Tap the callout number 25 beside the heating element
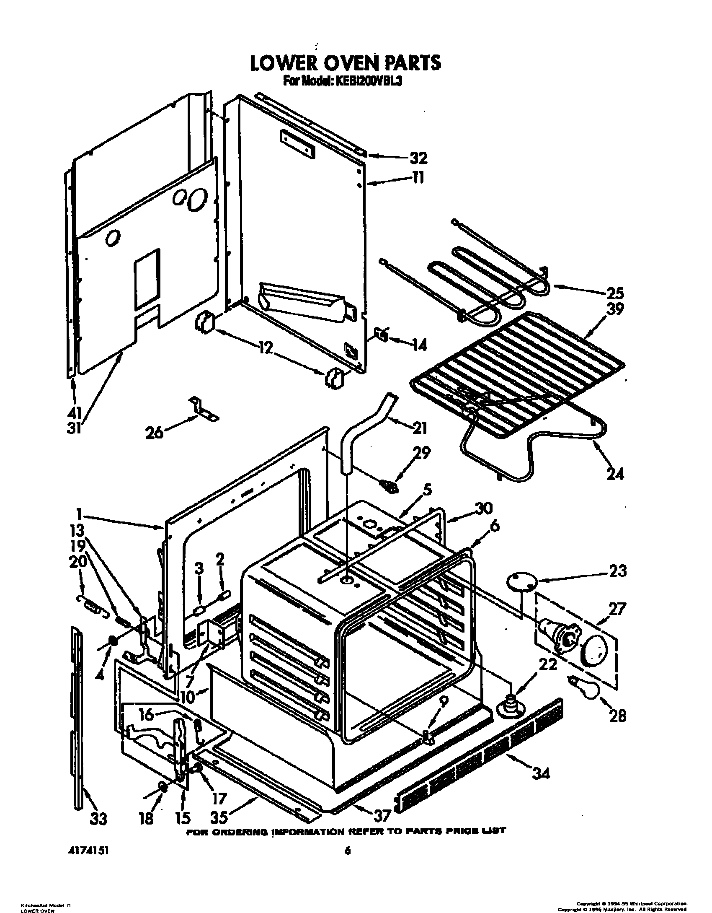[615, 293]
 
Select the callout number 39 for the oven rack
[615, 309]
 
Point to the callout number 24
[614, 474]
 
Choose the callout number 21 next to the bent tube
[419, 428]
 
